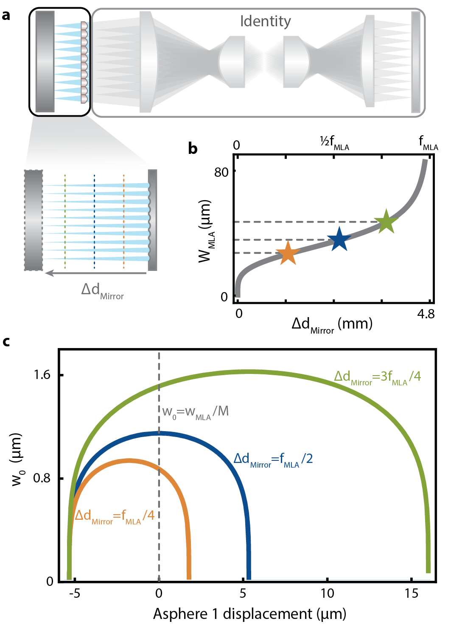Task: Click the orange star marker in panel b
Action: pyautogui.click(x=288, y=253)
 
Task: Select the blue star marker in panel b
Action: pyautogui.click(x=339, y=240)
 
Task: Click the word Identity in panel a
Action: pyautogui.click(x=265, y=21)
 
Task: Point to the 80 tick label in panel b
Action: pyautogui.click(x=221, y=172)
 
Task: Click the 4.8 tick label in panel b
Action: pyautogui.click(x=426, y=314)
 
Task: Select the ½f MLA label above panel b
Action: pyautogui.click(x=334, y=143)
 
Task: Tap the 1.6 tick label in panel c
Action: pyautogui.click(x=42, y=375)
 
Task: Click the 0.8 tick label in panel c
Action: pyautogui.click(x=42, y=478)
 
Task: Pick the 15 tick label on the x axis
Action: pyautogui.click(x=411, y=593)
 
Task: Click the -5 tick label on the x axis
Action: pyautogui.click(x=74, y=593)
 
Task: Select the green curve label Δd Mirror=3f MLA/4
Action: pyautogui.click(x=377, y=377)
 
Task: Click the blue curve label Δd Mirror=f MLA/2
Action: pyautogui.click(x=273, y=459)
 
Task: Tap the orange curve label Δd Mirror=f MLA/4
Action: pyautogui.click(x=115, y=516)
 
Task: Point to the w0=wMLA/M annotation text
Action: pyautogui.click(x=195, y=412)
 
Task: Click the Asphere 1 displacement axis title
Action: pyautogui.click(x=249, y=614)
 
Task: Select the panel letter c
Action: pyautogui.click(x=6, y=341)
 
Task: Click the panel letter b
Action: pyautogui.click(x=193, y=148)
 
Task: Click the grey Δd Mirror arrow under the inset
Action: pyautogui.click(x=96, y=273)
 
